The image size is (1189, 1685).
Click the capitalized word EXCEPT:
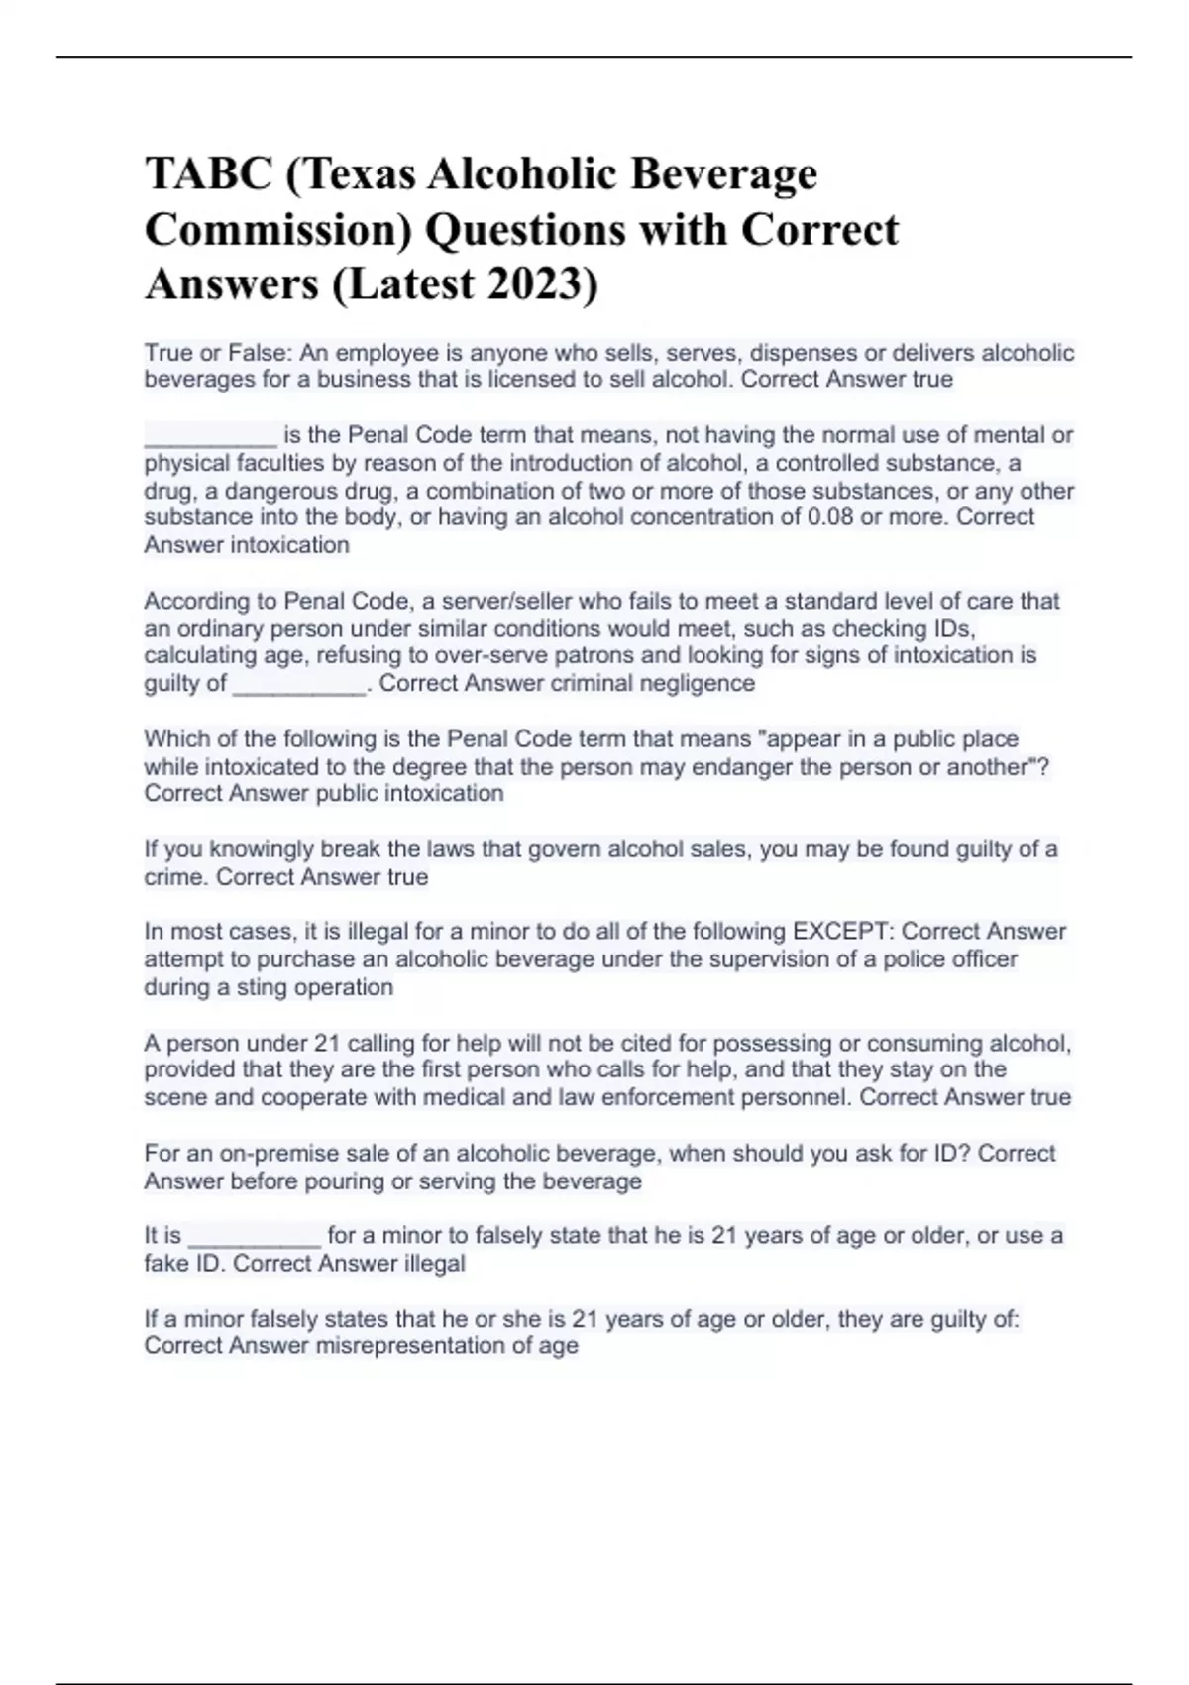click(843, 932)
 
